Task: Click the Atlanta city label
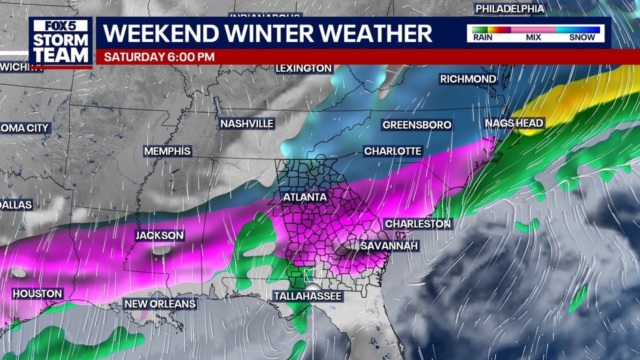click(x=305, y=197)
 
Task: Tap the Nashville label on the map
click(x=247, y=123)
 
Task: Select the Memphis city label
click(x=167, y=151)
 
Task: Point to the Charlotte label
click(x=393, y=151)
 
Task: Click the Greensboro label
click(x=417, y=124)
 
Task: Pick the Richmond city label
click(x=468, y=79)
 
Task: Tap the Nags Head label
click(x=514, y=123)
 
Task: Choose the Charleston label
click(x=418, y=223)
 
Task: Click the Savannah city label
click(x=389, y=246)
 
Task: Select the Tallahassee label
click(x=308, y=296)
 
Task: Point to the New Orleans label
click(x=160, y=303)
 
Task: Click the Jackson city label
click(x=160, y=235)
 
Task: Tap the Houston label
click(x=37, y=293)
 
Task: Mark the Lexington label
click(x=304, y=68)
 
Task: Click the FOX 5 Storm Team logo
click(x=60, y=42)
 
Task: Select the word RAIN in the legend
click(x=483, y=37)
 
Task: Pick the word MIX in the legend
click(x=533, y=37)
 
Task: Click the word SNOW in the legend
click(x=582, y=37)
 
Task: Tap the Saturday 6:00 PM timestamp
click(x=159, y=57)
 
